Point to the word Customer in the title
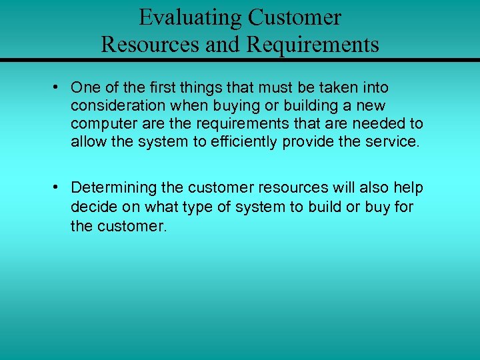tap(295, 17)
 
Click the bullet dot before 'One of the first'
tap(60, 88)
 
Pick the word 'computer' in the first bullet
tap(98, 125)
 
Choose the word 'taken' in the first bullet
tap(341, 88)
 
